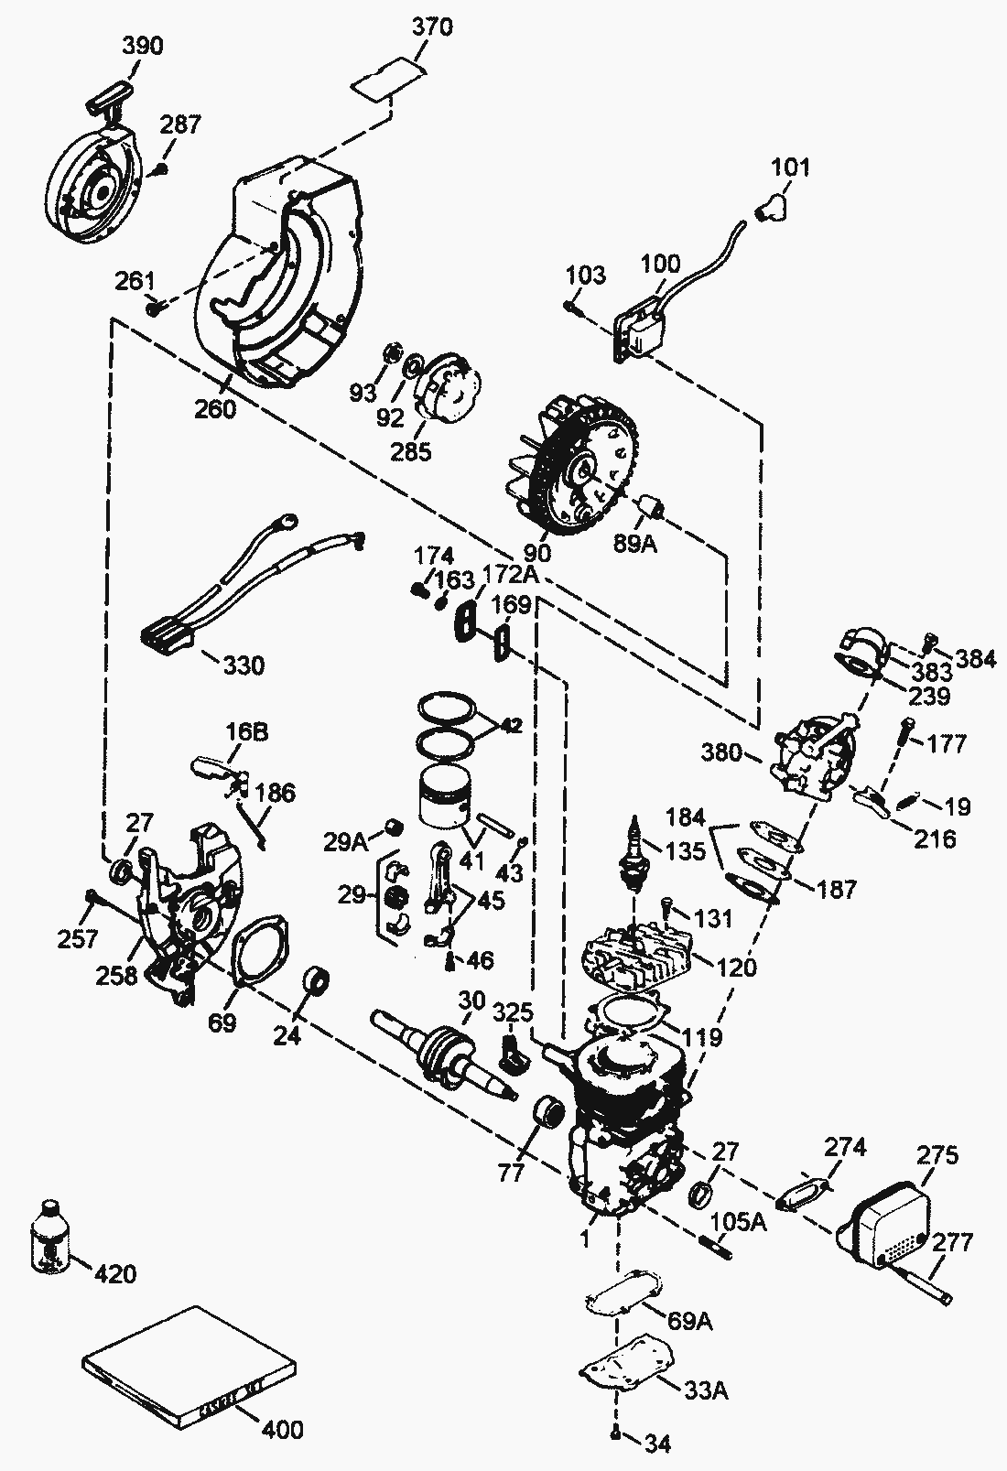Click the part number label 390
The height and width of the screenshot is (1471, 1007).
143,45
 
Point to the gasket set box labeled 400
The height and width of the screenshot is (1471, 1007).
190,1368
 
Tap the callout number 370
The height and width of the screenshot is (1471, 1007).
431,27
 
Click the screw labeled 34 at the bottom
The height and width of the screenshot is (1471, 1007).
617,1431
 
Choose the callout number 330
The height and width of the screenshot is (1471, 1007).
244,665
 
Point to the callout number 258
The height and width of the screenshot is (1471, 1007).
118,975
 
